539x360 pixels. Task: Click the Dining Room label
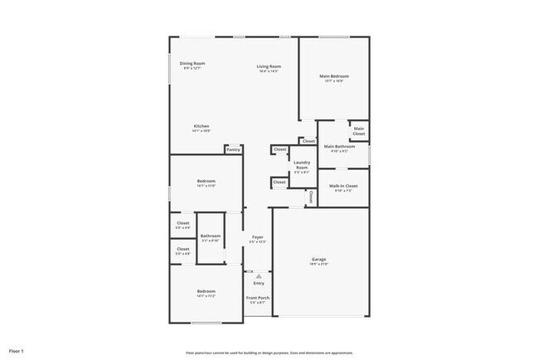192,64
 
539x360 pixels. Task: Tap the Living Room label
268,67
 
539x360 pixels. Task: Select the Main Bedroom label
334,77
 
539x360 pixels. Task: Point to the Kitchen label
202,127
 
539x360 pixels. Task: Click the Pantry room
233,149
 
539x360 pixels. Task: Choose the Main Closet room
359,130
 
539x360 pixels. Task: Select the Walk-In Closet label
342,187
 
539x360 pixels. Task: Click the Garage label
319,260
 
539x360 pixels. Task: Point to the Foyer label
258,239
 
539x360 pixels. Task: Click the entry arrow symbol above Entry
258,275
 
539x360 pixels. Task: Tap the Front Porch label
258,298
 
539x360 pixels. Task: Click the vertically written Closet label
311,197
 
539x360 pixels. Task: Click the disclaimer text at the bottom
269,352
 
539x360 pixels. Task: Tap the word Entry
259,284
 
